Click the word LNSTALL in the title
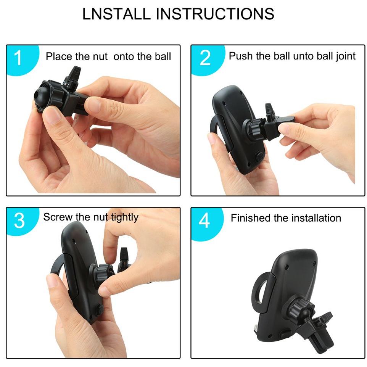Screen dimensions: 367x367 116,14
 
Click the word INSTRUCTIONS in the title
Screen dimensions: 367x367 215,14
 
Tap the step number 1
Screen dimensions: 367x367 18,58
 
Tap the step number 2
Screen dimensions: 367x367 205,58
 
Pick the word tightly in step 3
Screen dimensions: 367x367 124,217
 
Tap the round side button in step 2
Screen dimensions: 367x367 259,156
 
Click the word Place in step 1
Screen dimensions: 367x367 59,56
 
